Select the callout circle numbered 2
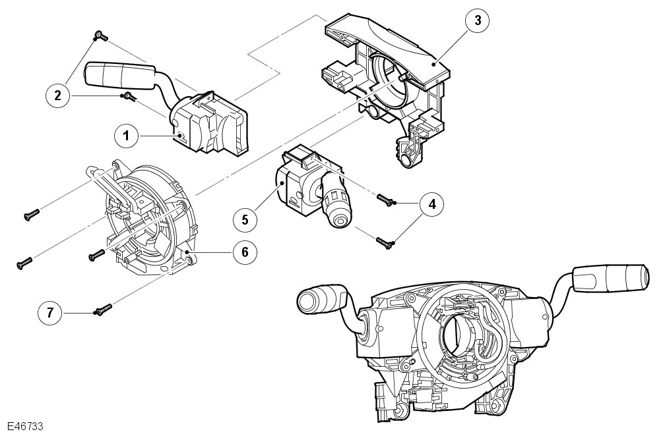(x=57, y=96)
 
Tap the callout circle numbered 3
(x=478, y=20)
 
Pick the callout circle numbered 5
(x=245, y=219)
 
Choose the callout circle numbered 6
(x=245, y=252)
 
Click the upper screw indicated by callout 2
(x=99, y=36)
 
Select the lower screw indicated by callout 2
(x=127, y=97)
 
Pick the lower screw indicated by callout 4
(x=385, y=243)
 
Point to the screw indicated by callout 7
(x=103, y=308)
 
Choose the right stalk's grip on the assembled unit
(x=610, y=277)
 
